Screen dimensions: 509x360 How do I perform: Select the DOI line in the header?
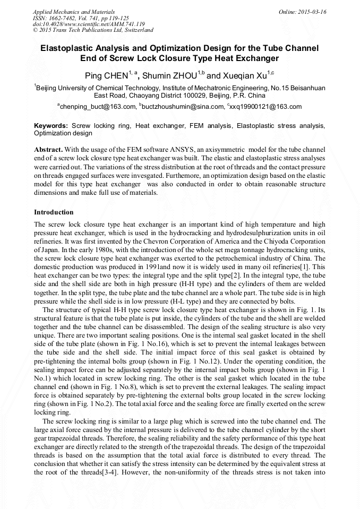[x=89, y=24]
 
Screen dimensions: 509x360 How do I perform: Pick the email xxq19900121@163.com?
[x=265, y=107]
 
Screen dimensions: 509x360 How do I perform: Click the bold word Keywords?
[x=50, y=126]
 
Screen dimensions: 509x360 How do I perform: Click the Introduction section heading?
[x=54, y=212]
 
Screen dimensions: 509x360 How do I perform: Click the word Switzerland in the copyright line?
[x=136, y=30]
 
